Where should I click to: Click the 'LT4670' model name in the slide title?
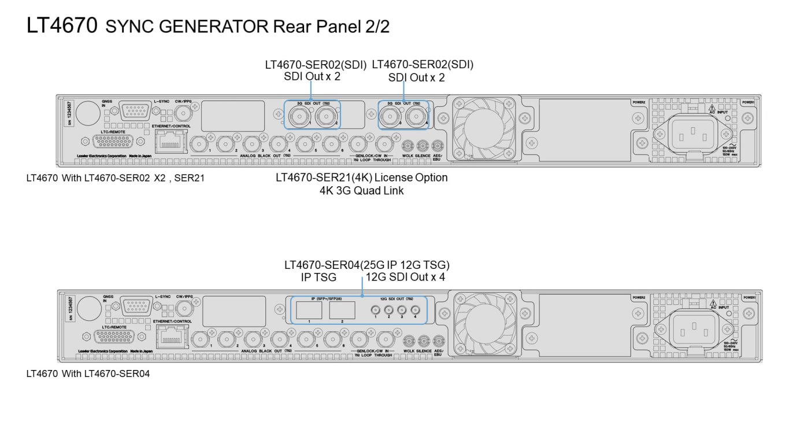[62, 25]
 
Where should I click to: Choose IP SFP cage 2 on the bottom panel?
[342, 310]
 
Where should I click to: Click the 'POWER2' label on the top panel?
[638, 102]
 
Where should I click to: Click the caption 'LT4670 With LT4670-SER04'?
[88, 374]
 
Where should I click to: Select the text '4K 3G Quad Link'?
[361, 190]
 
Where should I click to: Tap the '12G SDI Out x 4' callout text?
[405, 277]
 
